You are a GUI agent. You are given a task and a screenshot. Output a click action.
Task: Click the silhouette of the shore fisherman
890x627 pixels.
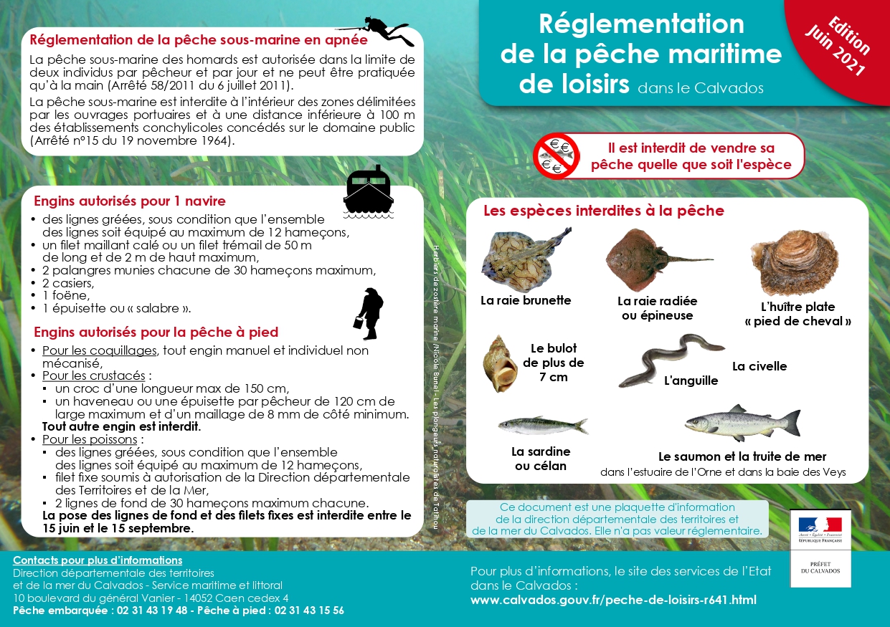click(x=369, y=313)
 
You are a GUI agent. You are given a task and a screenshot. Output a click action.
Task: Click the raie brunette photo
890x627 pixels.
click(x=526, y=259)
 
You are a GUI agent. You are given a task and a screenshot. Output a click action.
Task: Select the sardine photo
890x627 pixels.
click(x=542, y=426)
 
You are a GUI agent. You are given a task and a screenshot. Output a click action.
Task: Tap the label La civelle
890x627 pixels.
click(x=759, y=366)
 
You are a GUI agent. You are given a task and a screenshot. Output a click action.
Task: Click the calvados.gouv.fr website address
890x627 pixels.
click(x=613, y=600)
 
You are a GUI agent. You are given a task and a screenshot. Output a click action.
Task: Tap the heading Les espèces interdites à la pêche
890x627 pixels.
click(x=603, y=211)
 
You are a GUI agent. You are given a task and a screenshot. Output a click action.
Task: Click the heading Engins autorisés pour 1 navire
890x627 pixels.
click(x=130, y=201)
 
